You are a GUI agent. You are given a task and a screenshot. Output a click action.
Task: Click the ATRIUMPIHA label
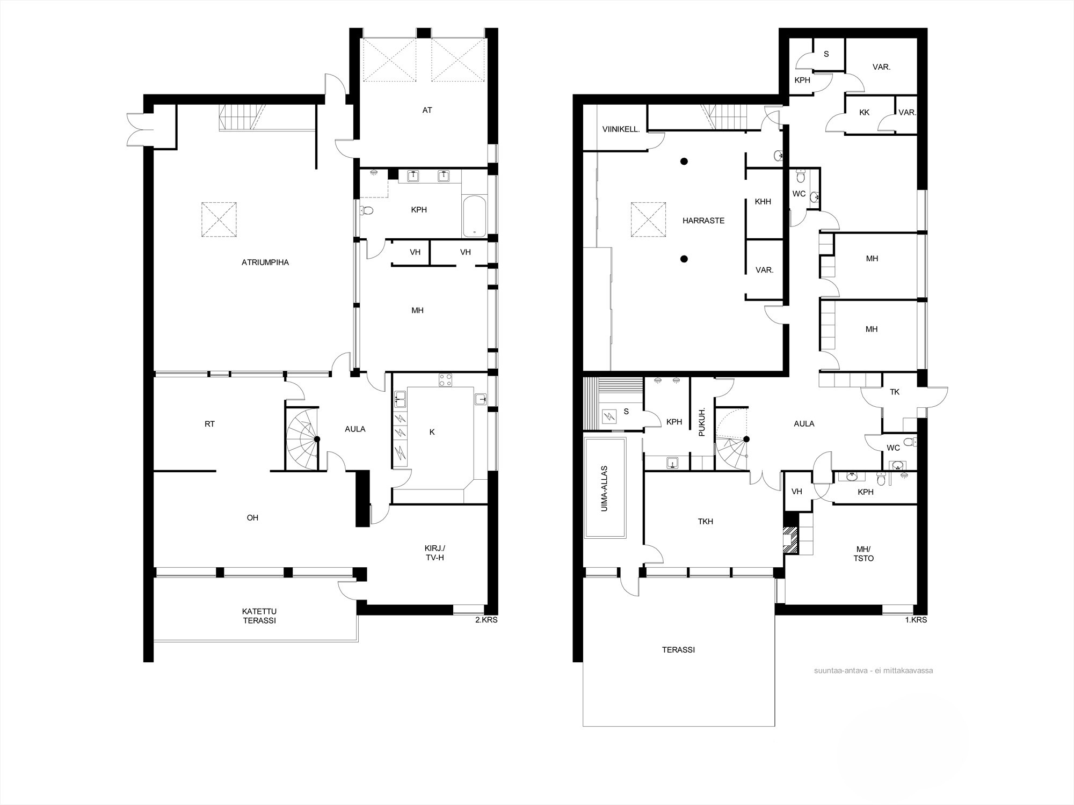(x=265, y=262)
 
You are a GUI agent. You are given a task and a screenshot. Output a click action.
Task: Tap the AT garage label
(x=427, y=110)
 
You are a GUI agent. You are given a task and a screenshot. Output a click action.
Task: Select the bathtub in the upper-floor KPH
(x=474, y=216)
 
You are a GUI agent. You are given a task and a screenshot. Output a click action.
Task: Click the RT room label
(x=209, y=424)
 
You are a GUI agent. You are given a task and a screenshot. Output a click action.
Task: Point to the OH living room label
(x=252, y=518)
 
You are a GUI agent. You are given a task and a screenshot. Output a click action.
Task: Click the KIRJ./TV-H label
(x=435, y=553)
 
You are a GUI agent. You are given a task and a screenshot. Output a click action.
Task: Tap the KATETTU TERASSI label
(x=259, y=616)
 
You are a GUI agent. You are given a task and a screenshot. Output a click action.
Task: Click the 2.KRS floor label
(x=485, y=620)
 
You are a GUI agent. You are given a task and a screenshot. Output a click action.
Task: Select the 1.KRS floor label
(x=915, y=620)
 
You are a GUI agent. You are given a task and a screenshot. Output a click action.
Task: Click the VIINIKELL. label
(x=621, y=129)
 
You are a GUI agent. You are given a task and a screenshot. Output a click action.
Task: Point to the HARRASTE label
(x=703, y=221)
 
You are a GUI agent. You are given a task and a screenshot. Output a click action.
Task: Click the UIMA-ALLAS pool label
(x=605, y=488)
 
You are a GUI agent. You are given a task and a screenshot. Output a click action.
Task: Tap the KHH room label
(x=763, y=202)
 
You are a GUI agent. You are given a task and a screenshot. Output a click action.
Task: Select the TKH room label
(x=706, y=521)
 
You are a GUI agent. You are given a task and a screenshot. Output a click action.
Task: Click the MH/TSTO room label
(x=864, y=554)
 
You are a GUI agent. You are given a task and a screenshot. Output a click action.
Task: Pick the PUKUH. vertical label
(x=702, y=422)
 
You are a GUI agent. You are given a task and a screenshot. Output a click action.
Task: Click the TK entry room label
(x=895, y=392)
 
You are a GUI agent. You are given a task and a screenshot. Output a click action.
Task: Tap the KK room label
(x=864, y=113)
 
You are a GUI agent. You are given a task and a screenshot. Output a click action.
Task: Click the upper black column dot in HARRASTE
(x=684, y=161)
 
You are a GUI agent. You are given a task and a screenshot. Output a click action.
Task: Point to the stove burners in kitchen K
(x=445, y=380)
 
